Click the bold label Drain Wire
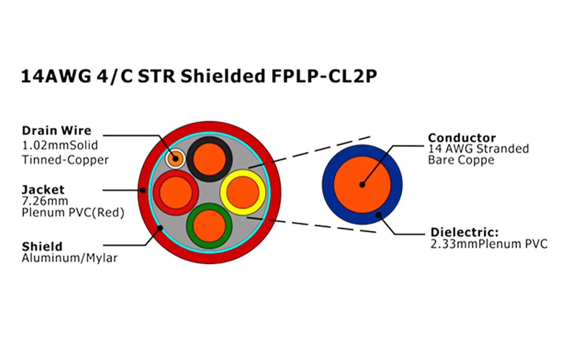click(x=56, y=131)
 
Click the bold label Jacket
click(x=43, y=189)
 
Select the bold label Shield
click(x=42, y=247)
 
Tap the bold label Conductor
click(x=462, y=138)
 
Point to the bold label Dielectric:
click(x=464, y=233)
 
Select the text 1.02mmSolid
click(x=59, y=146)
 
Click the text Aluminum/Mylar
click(x=69, y=258)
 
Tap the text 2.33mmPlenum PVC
click(x=489, y=244)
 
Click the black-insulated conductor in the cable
click(x=210, y=158)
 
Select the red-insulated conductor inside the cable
click(x=176, y=192)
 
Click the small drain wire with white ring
click(x=175, y=158)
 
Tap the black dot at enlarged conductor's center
click(x=362, y=184)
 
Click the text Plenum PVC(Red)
click(x=72, y=213)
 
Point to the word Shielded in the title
click(x=223, y=77)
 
